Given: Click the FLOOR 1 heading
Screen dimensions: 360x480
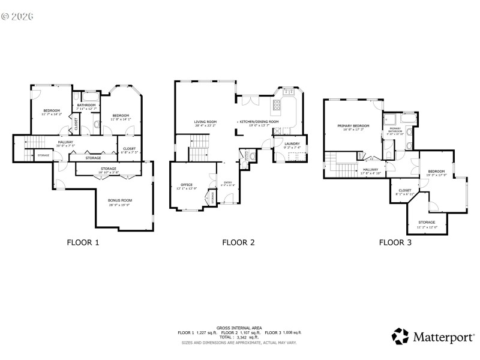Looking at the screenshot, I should coord(82,243).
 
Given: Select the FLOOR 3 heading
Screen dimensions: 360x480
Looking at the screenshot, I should coord(395,243).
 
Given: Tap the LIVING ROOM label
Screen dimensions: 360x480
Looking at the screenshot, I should coord(205,122).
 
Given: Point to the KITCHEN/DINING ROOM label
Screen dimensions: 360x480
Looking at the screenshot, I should coord(259,122).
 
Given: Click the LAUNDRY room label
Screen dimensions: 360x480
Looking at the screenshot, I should coord(292,143).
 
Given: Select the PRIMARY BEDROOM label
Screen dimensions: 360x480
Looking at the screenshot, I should coord(353,125).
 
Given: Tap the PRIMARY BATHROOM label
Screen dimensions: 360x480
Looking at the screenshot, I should coord(395,130).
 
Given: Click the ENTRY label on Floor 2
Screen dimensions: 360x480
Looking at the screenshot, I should coord(227,182).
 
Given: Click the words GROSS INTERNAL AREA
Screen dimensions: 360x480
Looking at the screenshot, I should coord(239,328).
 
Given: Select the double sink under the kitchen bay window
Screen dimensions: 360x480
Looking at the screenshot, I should coord(287,92).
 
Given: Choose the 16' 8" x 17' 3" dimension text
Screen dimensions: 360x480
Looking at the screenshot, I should coord(353,130).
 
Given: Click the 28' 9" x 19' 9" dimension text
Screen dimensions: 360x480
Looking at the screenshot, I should coord(120,205).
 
